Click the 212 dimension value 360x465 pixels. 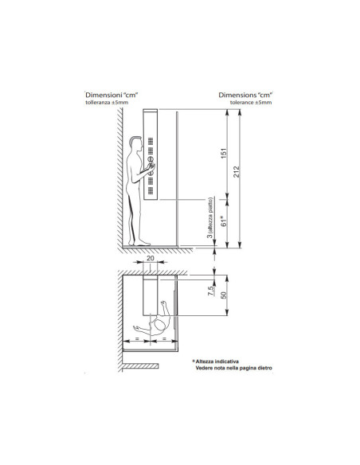239,173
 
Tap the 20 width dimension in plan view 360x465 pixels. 151,260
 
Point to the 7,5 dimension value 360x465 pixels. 209,291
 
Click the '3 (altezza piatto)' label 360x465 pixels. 210,219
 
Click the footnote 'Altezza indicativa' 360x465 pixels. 221,360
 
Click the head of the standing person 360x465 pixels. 133,144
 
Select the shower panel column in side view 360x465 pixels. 151,155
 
